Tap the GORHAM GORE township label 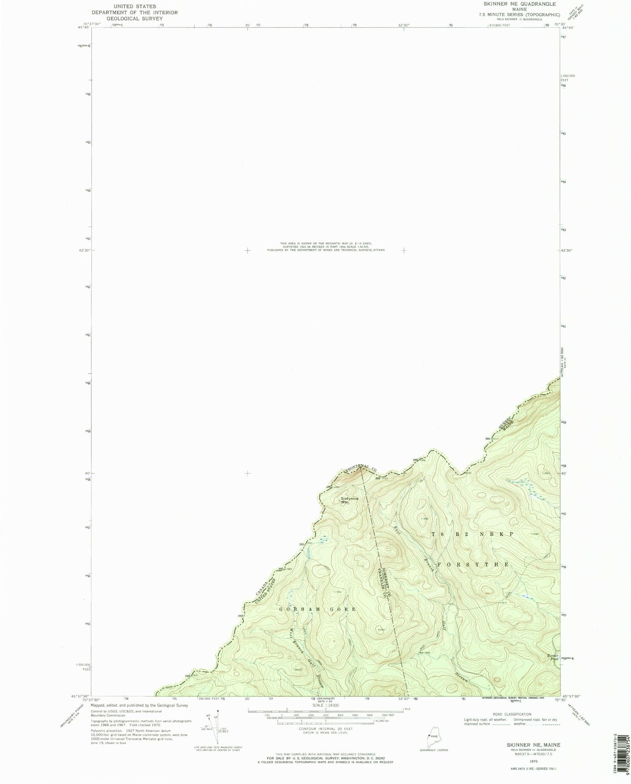point(318,609)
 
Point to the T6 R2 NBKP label point(473,534)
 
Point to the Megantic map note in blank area point(326,246)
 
